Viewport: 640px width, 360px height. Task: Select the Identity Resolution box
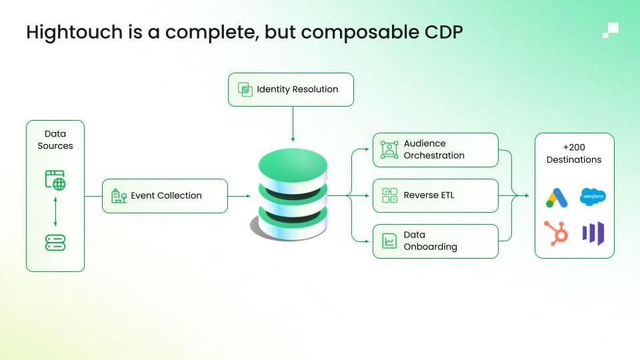click(291, 89)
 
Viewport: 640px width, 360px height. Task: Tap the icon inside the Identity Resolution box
click(245, 89)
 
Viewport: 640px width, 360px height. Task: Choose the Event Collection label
click(166, 195)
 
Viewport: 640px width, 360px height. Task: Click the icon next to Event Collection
click(119, 195)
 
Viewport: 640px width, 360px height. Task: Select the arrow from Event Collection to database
click(239, 195)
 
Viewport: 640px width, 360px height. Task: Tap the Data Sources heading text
click(55, 140)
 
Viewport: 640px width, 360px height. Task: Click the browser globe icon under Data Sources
click(55, 179)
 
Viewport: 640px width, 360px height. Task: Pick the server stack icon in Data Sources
click(55, 243)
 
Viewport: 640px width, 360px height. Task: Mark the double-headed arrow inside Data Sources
click(55, 211)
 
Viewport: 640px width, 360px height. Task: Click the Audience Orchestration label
click(434, 149)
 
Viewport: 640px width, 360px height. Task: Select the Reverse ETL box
click(435, 195)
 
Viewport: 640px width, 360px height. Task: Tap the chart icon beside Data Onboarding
click(389, 241)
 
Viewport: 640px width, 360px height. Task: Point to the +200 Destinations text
click(574, 153)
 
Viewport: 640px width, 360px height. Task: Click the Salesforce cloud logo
click(593, 197)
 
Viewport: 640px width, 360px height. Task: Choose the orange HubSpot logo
click(556, 232)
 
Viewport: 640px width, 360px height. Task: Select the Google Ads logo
click(556, 197)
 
